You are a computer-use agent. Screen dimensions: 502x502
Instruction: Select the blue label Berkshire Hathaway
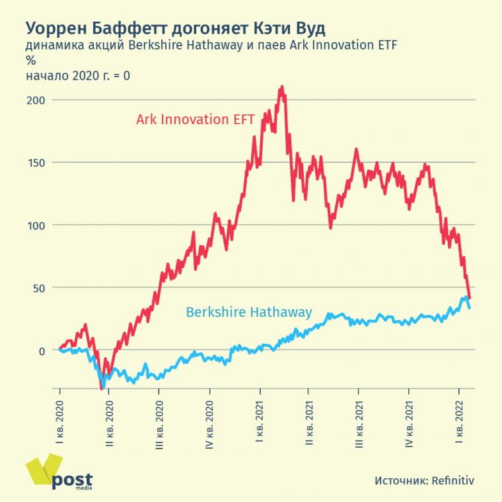[x=249, y=312]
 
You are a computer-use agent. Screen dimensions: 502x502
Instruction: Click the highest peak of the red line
[x=282, y=87]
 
